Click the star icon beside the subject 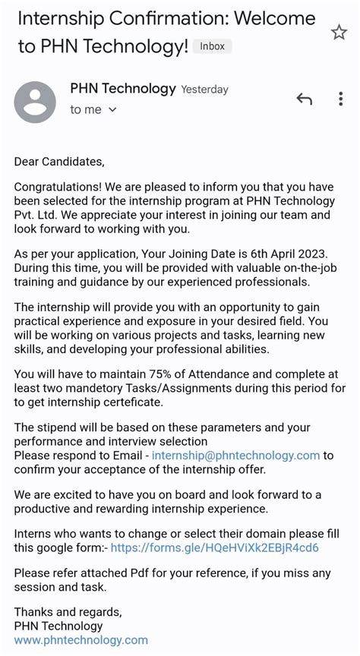[339, 32]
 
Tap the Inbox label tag [212, 46]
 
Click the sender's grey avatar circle [35, 102]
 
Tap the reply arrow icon [304, 99]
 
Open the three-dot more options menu [340, 99]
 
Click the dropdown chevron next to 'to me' [113, 110]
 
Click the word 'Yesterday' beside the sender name [204, 90]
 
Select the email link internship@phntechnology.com [235, 456]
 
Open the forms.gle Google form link [214, 547]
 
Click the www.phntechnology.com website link [81, 640]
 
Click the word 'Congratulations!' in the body [58, 187]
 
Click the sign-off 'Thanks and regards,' [68, 611]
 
